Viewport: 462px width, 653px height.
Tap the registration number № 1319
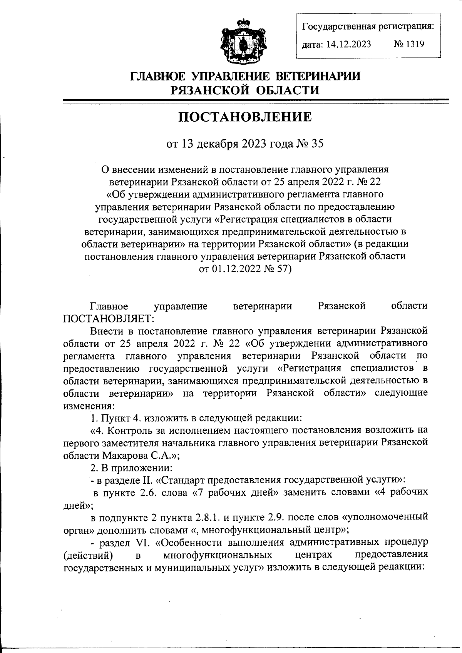(x=408, y=44)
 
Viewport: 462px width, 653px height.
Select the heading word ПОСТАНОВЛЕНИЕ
(x=245, y=117)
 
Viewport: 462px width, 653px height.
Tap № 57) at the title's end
(x=278, y=269)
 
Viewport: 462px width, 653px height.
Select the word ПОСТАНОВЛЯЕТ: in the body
(x=109, y=319)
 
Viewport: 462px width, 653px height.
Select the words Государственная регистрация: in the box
(x=368, y=27)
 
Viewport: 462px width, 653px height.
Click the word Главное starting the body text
(x=109, y=306)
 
